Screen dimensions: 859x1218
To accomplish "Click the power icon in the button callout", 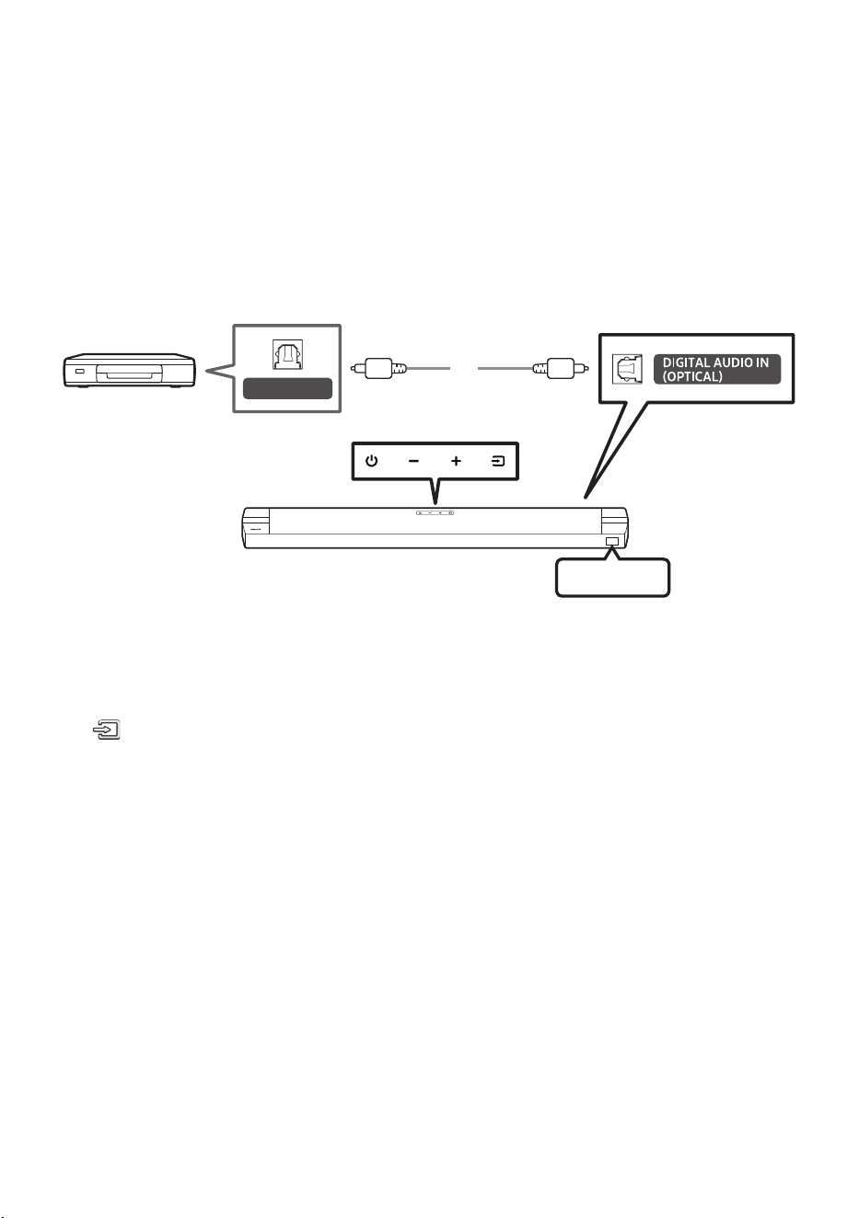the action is [x=371, y=461].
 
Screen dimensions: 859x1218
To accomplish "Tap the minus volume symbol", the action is [x=413, y=461].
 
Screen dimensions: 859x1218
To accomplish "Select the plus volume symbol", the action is [x=456, y=461].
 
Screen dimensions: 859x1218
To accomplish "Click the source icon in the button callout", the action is [x=498, y=461].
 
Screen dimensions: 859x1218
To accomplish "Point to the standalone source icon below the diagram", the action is [x=107, y=730].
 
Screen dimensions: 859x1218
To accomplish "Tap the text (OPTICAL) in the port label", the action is [x=691, y=376].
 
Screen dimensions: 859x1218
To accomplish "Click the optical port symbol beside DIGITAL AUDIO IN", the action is [x=627, y=369].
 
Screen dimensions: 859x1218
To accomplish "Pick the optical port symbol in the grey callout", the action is [x=287, y=354].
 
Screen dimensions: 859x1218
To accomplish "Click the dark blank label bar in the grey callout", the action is [x=287, y=389].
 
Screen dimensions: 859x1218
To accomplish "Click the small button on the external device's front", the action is [x=80, y=372].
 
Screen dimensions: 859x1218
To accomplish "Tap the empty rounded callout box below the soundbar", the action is [x=612, y=578].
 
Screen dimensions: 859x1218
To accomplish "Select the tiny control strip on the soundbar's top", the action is [x=435, y=512].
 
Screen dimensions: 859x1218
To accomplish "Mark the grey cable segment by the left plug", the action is [x=428, y=368].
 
